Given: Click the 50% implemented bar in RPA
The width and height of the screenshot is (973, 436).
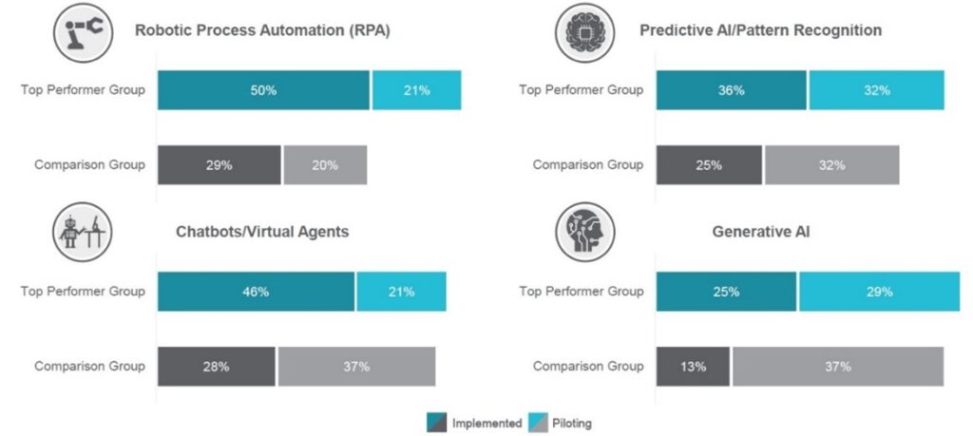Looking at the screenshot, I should (x=263, y=90).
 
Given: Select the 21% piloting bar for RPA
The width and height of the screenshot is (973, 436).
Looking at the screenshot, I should (x=416, y=90).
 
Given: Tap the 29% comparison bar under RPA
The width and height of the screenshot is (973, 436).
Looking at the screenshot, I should (x=219, y=164).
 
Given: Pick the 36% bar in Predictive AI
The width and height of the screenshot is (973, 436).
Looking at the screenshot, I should (x=731, y=90).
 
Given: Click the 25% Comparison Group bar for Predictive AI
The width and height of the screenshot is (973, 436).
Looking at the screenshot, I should (x=709, y=164).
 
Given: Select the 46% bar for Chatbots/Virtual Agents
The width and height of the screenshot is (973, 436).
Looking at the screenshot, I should (x=256, y=292).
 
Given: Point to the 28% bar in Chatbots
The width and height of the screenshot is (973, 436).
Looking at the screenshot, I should (x=216, y=366).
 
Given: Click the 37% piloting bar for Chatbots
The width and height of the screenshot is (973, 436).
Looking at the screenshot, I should (x=356, y=366).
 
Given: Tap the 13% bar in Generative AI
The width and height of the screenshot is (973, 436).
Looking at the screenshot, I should (x=693, y=366).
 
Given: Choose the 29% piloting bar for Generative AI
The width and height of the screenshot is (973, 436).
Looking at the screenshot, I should (x=879, y=292).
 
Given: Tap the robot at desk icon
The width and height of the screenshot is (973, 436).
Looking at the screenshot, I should (x=83, y=232).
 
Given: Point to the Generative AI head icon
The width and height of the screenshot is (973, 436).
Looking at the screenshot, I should (x=584, y=232).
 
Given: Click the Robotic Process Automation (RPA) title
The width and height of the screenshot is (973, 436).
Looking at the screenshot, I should (x=262, y=30).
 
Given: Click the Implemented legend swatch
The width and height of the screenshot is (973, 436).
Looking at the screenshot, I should (x=437, y=422).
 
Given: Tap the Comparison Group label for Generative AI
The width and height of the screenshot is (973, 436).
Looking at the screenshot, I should (x=587, y=366).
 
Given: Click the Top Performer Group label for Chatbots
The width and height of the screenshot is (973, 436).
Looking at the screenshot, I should (x=83, y=292).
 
